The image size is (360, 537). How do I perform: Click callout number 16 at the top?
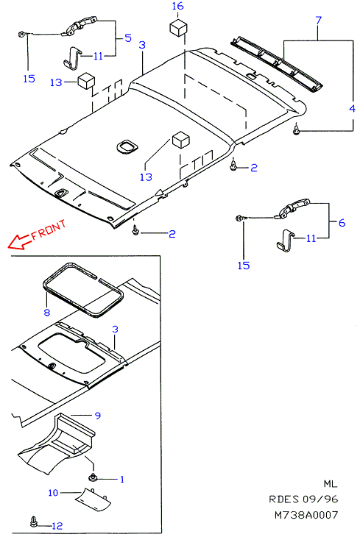[x=177, y=6]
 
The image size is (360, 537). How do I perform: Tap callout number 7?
[x=319, y=21]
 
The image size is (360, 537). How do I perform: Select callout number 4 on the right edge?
[x=352, y=109]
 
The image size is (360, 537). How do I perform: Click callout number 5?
[x=128, y=38]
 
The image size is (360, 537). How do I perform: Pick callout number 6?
[x=342, y=223]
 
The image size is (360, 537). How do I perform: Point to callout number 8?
[x=47, y=312]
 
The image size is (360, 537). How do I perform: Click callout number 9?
[x=98, y=416]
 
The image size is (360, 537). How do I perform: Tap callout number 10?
[x=53, y=492]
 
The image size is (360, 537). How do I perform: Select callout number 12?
[x=57, y=526]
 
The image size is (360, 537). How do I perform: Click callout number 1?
[x=122, y=479]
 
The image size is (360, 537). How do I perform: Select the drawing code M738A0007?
[x=306, y=515]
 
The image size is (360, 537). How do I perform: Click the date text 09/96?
[x=320, y=499]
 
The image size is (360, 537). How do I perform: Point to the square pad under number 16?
[x=179, y=27]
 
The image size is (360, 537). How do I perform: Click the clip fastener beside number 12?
[x=35, y=521]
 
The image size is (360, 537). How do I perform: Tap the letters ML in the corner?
[x=331, y=484]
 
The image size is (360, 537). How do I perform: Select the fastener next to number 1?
[x=92, y=477]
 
